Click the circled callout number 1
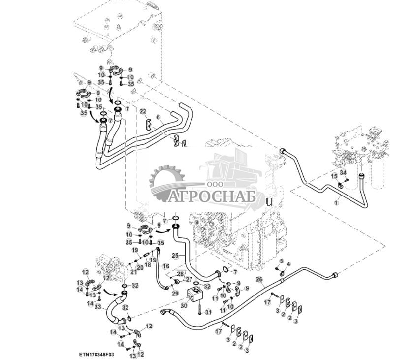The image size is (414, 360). point(337,201)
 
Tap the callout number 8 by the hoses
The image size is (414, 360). point(158,117)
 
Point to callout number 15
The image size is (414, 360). point(334,176)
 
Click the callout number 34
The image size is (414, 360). point(344,172)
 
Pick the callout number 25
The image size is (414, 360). point(175,256)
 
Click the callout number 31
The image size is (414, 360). point(208,311)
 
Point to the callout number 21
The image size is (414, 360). point(133,271)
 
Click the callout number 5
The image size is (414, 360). point(281,261)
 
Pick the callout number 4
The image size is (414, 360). point(288,264)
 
